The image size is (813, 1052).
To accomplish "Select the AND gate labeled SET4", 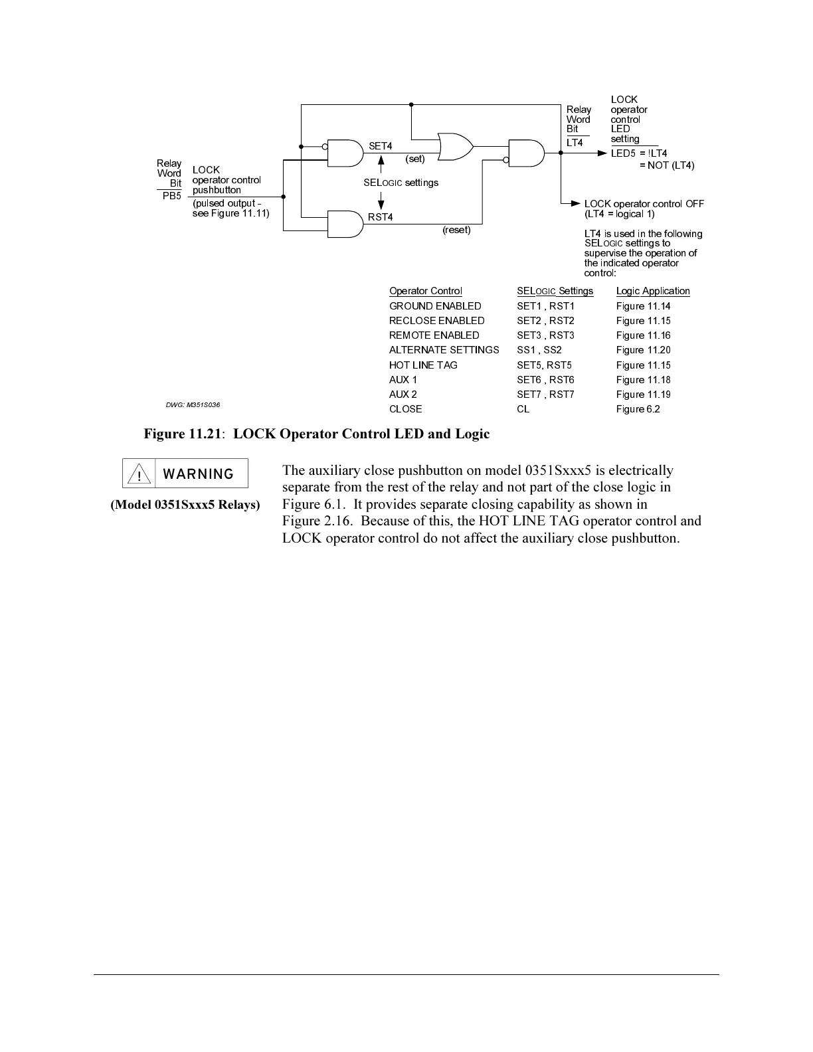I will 345,153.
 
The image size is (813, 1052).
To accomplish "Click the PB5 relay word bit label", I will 172,196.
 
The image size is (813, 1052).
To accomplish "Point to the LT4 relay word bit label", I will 575,143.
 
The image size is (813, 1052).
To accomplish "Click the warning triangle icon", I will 139,474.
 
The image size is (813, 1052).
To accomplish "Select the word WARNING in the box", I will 198,474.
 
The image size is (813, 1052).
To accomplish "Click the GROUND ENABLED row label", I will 435,306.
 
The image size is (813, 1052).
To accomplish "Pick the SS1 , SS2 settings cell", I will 539,350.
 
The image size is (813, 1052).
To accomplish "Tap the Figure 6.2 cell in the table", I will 638,409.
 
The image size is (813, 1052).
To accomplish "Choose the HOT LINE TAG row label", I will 423,365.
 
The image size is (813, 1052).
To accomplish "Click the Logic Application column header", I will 653,291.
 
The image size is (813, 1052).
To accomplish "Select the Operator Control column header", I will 426,291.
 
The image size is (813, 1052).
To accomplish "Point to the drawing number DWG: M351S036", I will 193,404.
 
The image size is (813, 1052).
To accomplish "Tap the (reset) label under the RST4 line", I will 456,230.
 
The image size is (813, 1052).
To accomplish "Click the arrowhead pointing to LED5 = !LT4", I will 602,153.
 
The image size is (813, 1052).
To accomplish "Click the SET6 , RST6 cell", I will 545,380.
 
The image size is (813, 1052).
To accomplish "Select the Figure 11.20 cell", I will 643,350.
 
